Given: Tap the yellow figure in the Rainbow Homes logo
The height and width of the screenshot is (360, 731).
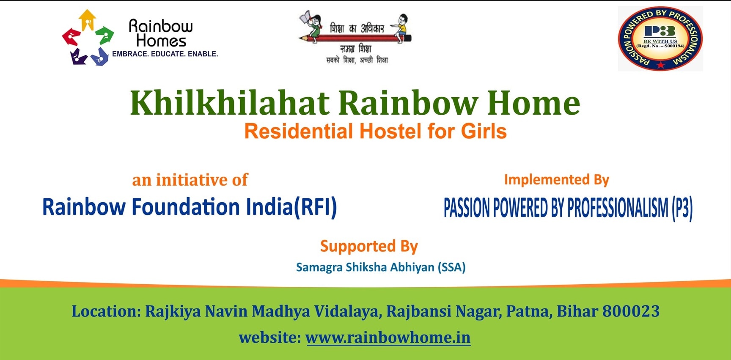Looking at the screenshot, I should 88,20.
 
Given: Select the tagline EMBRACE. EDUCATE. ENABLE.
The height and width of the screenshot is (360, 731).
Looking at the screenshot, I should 165,54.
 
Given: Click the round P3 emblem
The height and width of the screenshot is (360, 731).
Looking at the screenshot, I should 660,38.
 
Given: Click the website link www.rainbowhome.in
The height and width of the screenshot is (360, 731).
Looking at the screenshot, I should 388,338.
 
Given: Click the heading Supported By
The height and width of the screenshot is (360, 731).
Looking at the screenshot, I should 369,246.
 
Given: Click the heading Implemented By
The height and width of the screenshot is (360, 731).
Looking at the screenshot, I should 556,180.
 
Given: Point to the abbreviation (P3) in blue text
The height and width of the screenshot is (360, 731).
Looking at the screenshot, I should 682,208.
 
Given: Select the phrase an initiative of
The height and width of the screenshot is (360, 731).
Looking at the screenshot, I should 190,180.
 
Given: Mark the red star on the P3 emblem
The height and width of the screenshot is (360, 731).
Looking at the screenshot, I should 661,65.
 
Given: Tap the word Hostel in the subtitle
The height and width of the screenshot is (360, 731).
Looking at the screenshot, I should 391,131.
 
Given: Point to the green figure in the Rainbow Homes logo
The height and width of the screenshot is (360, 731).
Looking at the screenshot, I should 104,35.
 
